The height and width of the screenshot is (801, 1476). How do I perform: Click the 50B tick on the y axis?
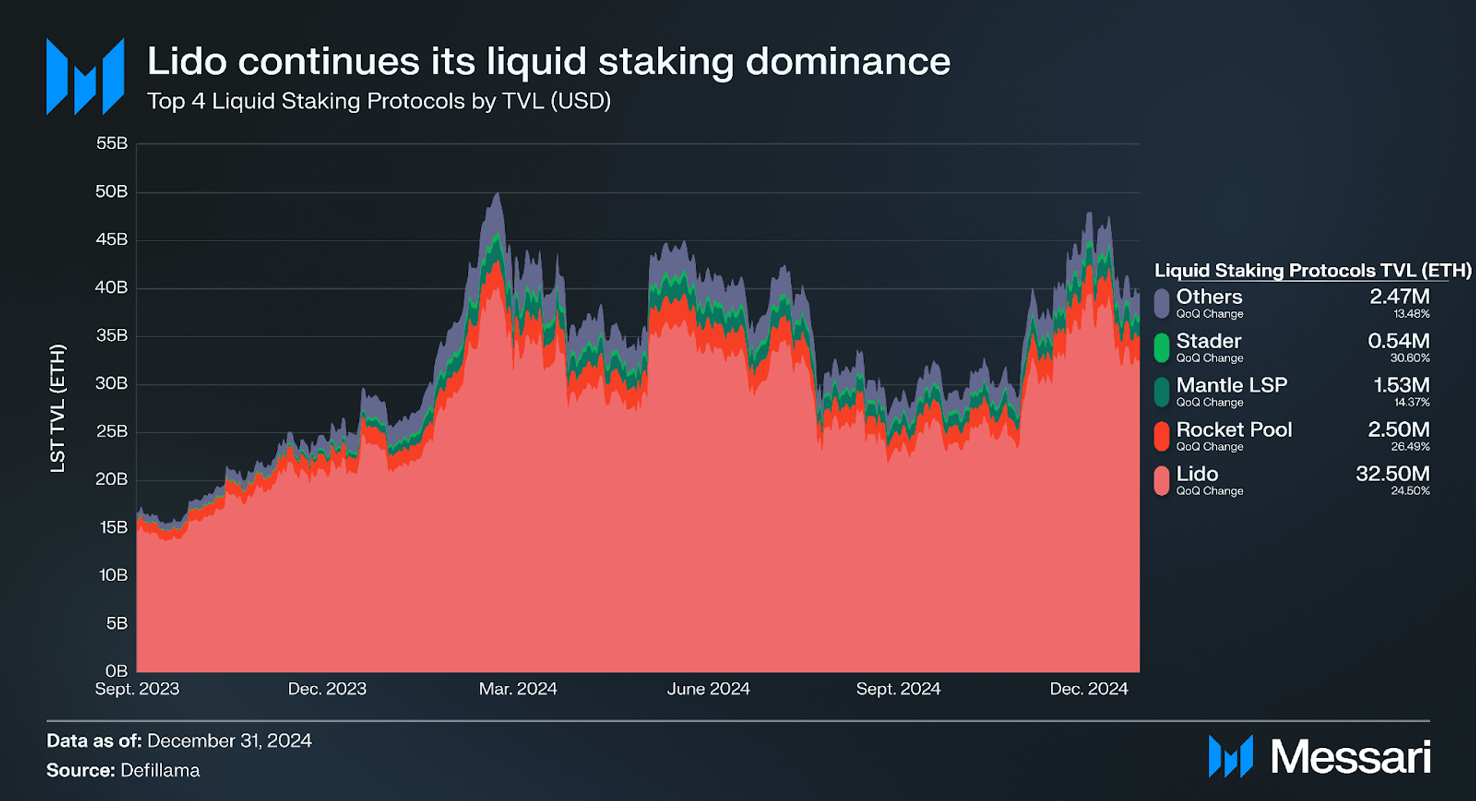[112, 192]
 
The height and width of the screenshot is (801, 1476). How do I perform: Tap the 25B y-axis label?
[112, 432]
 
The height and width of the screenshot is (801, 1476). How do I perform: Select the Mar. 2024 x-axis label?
[517, 689]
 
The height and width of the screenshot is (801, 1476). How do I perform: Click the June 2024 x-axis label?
[708, 689]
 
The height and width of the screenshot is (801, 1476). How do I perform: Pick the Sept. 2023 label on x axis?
[137, 689]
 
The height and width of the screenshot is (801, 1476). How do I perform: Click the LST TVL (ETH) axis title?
[58, 408]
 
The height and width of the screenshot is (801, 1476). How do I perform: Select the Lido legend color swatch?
[1162, 480]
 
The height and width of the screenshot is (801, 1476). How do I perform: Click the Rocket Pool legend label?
[1233, 429]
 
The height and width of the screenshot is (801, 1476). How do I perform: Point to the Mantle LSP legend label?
[1231, 385]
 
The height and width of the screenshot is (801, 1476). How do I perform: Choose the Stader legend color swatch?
[1162, 347]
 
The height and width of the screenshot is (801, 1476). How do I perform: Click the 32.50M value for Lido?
[1392, 474]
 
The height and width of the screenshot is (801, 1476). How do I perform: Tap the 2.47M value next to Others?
[1399, 296]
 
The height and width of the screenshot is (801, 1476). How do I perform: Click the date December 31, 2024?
[229, 740]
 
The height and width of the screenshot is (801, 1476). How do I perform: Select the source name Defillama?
[160, 770]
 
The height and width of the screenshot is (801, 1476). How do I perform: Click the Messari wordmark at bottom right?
[1350, 757]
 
